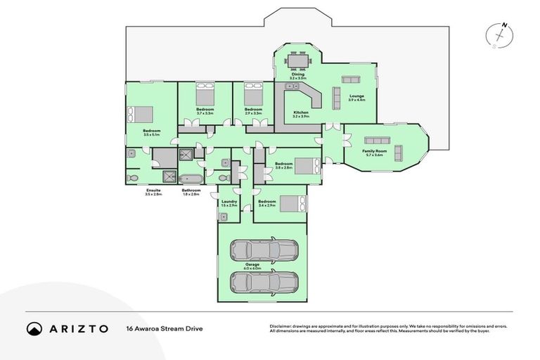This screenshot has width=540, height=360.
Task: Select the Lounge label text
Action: pyautogui.click(x=356, y=98)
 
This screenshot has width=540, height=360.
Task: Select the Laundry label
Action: pyautogui.click(x=229, y=203)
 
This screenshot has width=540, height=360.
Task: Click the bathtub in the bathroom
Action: pyautogui.click(x=191, y=179)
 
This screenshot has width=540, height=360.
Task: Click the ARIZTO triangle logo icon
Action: pyautogui.click(x=34, y=328)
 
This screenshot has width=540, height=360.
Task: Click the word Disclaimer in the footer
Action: pyautogui.click(x=281, y=326)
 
